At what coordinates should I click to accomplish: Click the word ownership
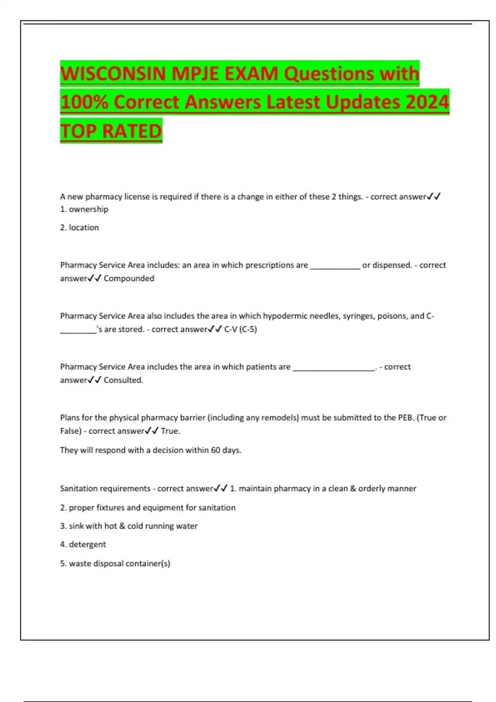click(88, 209)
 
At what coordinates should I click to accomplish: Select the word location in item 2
click(84, 228)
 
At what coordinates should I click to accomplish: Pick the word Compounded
click(129, 278)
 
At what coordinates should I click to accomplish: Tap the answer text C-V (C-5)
click(241, 329)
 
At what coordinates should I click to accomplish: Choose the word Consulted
click(123, 380)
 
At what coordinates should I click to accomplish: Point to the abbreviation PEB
click(405, 417)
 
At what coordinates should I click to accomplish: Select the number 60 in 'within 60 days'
click(215, 450)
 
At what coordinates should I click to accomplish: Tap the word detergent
click(87, 544)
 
